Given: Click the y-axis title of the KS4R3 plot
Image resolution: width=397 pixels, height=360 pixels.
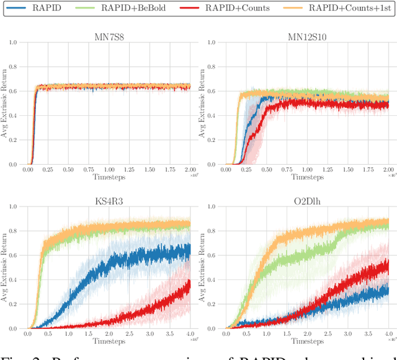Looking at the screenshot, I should click(5, 268).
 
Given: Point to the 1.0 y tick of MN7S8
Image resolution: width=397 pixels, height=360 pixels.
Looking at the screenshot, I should click(13, 43).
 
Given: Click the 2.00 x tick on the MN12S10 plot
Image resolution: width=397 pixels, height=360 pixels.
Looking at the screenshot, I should click(387, 170).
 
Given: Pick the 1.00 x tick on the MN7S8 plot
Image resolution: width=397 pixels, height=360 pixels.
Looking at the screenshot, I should click(109, 170).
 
